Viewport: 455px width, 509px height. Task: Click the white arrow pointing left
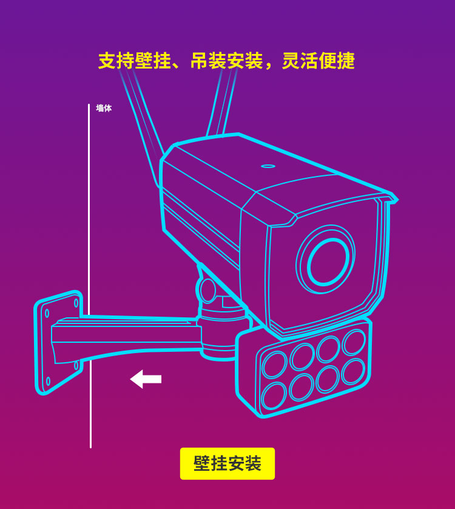146,379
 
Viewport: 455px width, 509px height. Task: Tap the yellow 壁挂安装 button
227,463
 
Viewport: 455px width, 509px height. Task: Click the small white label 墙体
104,108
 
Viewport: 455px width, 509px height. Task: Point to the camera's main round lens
326,259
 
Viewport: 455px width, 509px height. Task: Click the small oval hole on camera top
268,166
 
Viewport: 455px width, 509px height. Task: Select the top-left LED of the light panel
275,365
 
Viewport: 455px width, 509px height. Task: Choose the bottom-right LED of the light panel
354,372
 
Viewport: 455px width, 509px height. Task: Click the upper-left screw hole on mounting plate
47,313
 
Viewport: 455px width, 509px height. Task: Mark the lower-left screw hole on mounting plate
49,381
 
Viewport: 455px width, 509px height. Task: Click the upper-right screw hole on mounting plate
76,303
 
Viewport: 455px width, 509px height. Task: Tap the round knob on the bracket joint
207,290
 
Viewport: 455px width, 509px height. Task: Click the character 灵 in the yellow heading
291,61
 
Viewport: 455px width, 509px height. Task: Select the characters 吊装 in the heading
208,61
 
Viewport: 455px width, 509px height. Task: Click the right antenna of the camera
222,103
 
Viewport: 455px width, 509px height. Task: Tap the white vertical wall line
90,276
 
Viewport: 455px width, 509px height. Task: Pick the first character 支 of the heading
107,61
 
